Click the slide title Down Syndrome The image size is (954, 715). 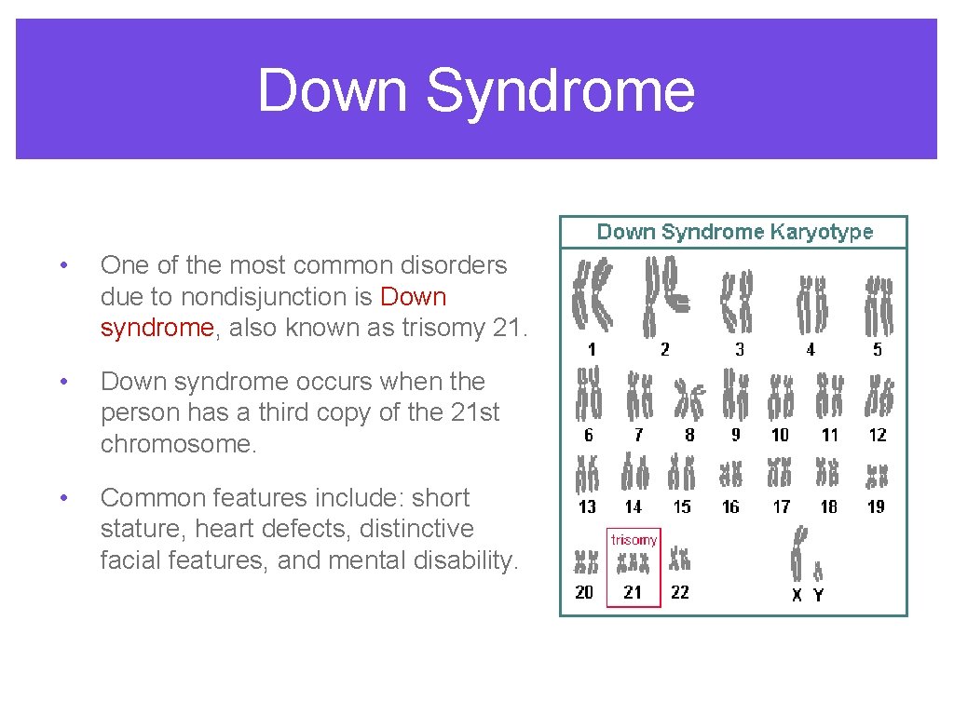coord(476,90)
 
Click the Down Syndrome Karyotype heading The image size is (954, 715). coord(734,232)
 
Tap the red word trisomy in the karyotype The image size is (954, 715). coord(634,540)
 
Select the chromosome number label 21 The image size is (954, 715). coord(633,592)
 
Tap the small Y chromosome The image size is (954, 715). coord(818,569)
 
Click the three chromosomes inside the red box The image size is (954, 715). coord(634,563)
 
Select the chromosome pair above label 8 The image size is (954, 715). coord(690,398)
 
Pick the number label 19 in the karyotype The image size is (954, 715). coord(876,506)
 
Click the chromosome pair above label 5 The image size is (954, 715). coord(878,304)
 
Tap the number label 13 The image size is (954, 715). coord(587,506)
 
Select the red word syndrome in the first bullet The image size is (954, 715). coord(157,328)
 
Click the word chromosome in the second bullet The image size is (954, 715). coord(177,444)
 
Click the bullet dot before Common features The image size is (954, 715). coord(62,498)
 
